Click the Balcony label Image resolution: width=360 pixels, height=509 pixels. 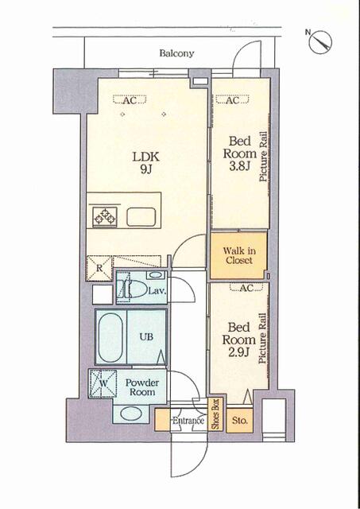pyautogui.click(x=176, y=53)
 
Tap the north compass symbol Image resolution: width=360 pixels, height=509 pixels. pyautogui.click(x=319, y=41)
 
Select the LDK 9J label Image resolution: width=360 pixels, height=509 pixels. pyautogui.click(x=146, y=162)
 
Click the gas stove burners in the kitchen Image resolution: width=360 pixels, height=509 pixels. pyautogui.click(x=105, y=216)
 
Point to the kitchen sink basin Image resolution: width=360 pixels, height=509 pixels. pyautogui.click(x=141, y=216)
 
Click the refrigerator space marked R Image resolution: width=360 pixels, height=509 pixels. pyautogui.click(x=99, y=268)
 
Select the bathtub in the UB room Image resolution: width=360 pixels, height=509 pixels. pyautogui.click(x=110, y=337)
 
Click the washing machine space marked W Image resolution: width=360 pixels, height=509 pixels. pyautogui.click(x=103, y=383)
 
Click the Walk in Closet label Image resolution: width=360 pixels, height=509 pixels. pyautogui.click(x=239, y=255)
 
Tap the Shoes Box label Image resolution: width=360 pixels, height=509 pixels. pyautogui.click(x=215, y=414)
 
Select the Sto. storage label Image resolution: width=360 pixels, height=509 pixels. pyautogui.click(x=240, y=421)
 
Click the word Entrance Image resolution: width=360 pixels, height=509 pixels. pyautogui.click(x=188, y=421)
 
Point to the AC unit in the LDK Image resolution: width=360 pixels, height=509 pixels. pyautogui.click(x=130, y=99)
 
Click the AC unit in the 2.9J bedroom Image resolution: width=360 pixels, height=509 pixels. pyautogui.click(x=246, y=287)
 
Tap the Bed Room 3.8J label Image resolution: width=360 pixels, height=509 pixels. pyautogui.click(x=240, y=153)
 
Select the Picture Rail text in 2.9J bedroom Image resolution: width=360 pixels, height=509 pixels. pyautogui.click(x=262, y=338)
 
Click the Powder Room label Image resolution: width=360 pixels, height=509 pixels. pyautogui.click(x=142, y=387)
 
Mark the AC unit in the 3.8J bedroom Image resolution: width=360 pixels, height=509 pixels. pyautogui.click(x=232, y=99)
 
